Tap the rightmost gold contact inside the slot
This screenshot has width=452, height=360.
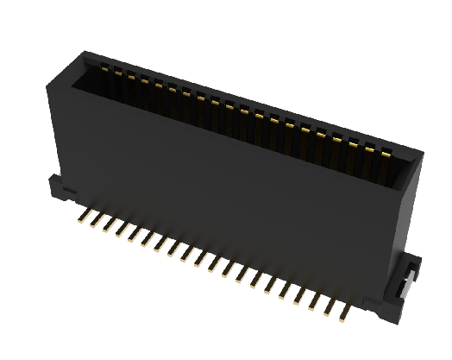coord(387,154)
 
